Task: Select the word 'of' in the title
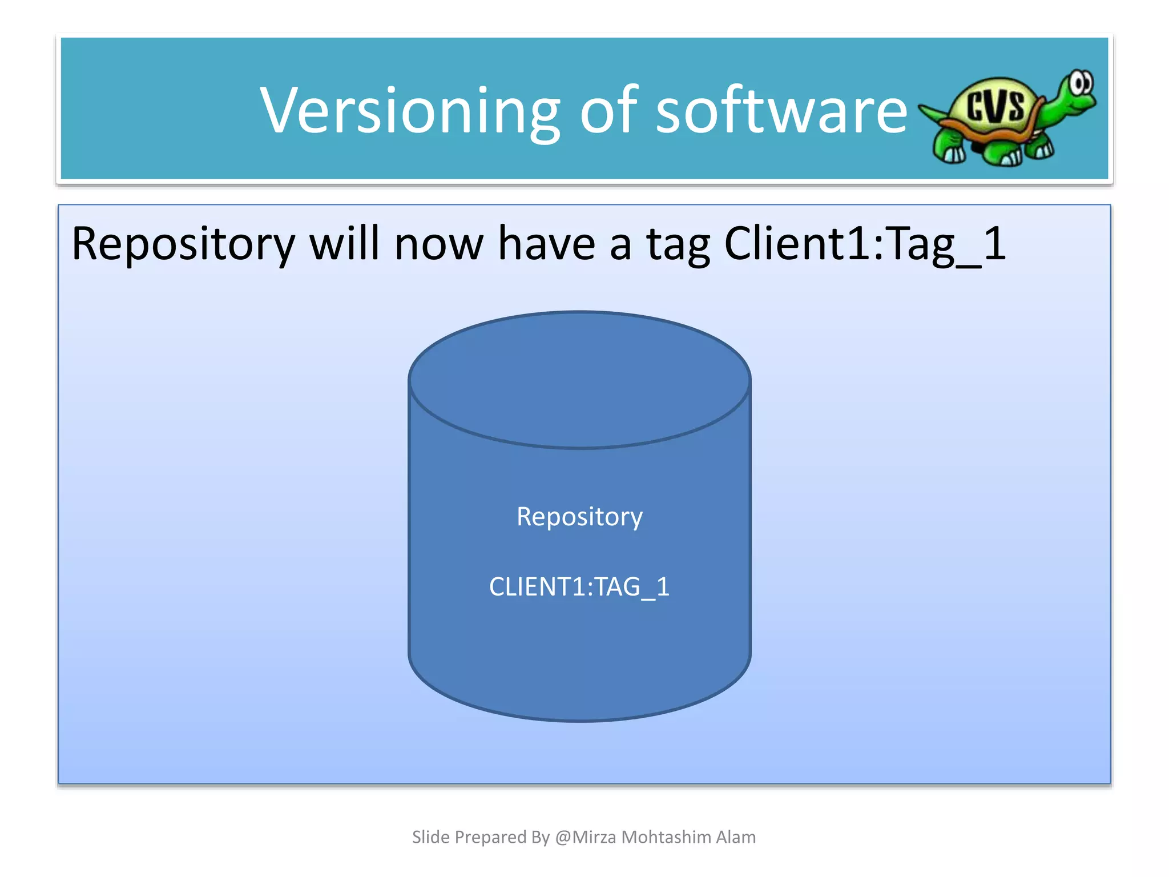(608, 111)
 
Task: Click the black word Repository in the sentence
(183, 244)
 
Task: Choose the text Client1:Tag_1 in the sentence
(864, 244)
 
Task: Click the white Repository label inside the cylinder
(579, 517)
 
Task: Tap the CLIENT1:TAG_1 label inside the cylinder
(579, 587)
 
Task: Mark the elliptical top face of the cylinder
(579, 379)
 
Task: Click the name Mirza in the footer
(594, 837)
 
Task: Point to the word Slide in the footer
(430, 837)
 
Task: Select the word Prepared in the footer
(490, 838)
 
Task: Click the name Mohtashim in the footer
(666, 837)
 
